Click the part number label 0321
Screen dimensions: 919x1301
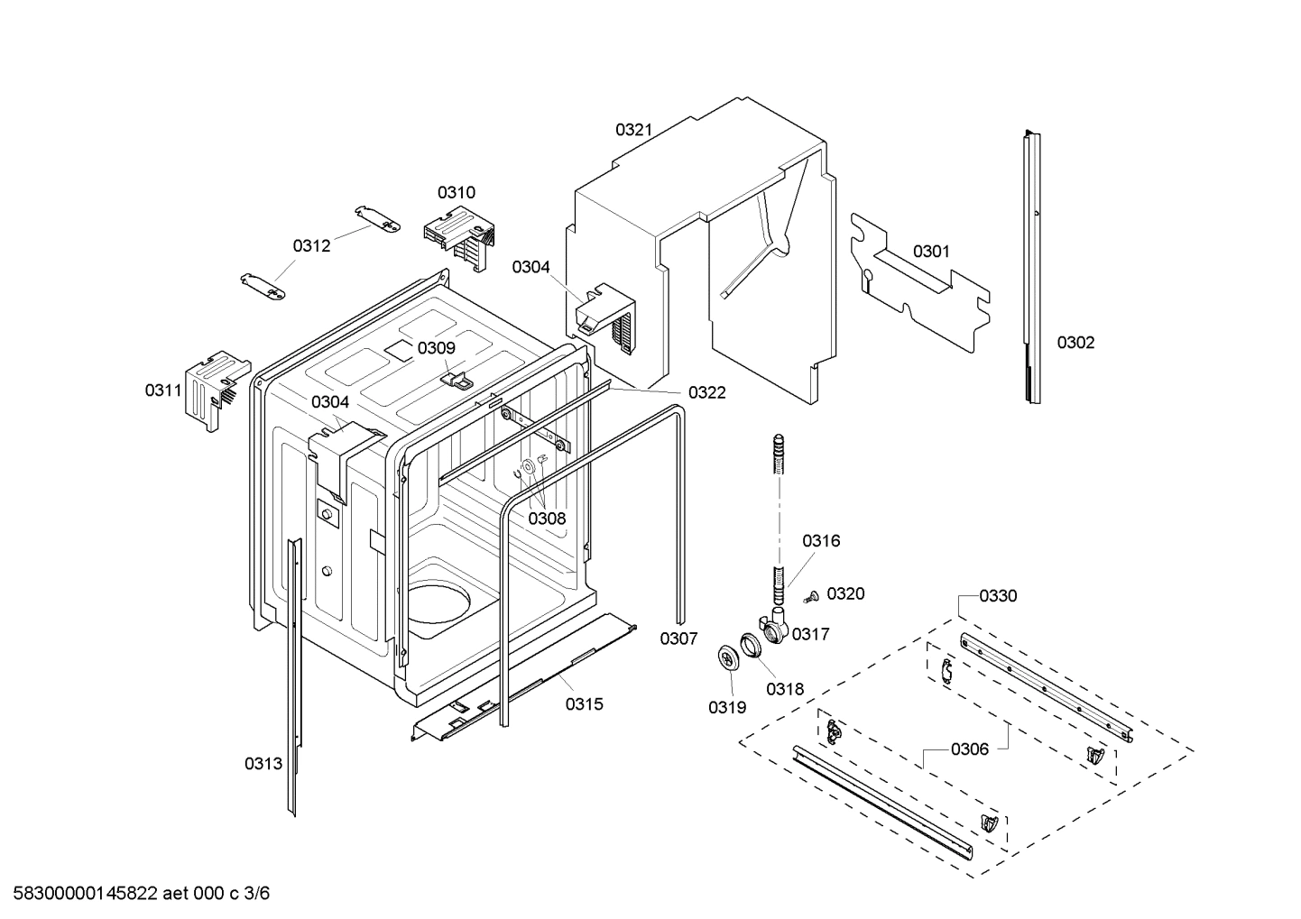pyautogui.click(x=633, y=130)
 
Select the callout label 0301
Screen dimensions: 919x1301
pyautogui.click(x=930, y=252)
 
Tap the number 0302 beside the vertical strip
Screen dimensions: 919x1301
pyautogui.click(x=1075, y=343)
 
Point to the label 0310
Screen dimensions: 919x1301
pyautogui.click(x=457, y=192)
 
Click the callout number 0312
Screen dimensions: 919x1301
pyautogui.click(x=311, y=245)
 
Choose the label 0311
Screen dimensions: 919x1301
pyautogui.click(x=163, y=391)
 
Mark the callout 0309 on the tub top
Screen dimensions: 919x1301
pyautogui.click(x=436, y=348)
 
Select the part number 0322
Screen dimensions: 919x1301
pyautogui.click(x=706, y=392)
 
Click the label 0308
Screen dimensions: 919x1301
pyautogui.click(x=547, y=519)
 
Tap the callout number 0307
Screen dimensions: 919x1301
pyautogui.click(x=678, y=639)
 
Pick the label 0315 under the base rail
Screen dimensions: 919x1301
pyautogui.click(x=585, y=704)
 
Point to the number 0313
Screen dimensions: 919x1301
pyautogui.click(x=263, y=764)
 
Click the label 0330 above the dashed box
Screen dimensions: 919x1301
pyautogui.click(x=998, y=596)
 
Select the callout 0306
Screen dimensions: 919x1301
pyautogui.click(x=969, y=749)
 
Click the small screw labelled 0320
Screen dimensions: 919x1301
pyautogui.click(x=809, y=595)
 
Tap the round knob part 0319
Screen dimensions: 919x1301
pyautogui.click(x=726, y=658)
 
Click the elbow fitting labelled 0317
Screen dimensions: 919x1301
pyautogui.click(x=774, y=627)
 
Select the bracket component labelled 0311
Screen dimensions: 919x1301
pyautogui.click(x=215, y=386)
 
